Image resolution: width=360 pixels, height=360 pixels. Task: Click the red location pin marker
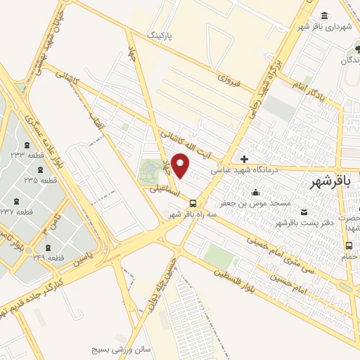(x=181, y=165)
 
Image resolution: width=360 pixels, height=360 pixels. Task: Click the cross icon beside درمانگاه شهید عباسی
(x=244, y=159)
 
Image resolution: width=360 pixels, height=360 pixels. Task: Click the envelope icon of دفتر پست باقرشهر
(x=304, y=212)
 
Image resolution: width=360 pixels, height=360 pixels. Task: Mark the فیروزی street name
(x=229, y=82)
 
